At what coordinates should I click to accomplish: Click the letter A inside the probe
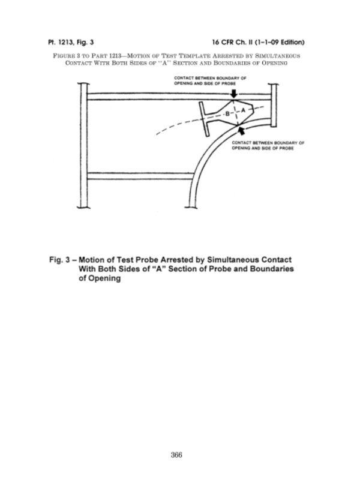click(x=242, y=110)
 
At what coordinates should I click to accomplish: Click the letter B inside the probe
click(x=227, y=113)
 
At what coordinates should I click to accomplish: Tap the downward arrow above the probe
click(x=234, y=93)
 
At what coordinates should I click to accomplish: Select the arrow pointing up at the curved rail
click(x=242, y=130)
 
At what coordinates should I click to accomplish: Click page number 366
click(x=176, y=455)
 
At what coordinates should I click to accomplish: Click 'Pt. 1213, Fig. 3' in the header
click(x=71, y=42)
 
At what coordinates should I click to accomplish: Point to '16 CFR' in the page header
click(x=223, y=42)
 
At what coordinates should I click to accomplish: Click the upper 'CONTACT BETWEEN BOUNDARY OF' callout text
click(x=210, y=78)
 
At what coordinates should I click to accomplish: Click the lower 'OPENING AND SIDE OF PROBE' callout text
click(x=263, y=148)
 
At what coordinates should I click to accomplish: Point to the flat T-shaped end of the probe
click(x=204, y=119)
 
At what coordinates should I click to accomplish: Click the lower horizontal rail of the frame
click(x=140, y=176)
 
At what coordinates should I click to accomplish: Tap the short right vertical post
click(x=274, y=106)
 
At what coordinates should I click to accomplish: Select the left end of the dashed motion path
click(x=157, y=134)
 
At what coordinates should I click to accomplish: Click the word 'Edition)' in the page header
click(x=292, y=42)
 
